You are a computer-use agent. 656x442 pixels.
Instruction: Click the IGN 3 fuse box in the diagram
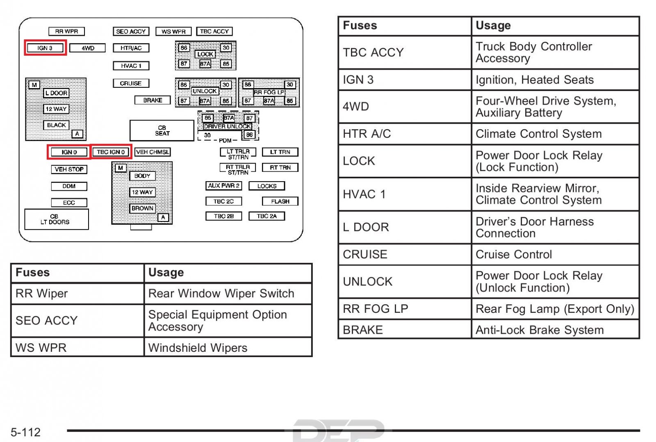pyautogui.click(x=45, y=48)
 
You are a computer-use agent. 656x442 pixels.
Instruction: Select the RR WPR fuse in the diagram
pyautogui.click(x=66, y=31)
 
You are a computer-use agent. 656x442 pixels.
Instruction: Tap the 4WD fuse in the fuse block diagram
pyautogui.click(x=88, y=48)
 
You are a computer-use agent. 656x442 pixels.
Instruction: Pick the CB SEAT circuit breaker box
pyautogui.click(x=162, y=130)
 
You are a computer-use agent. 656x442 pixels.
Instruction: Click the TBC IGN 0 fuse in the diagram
pyautogui.click(x=111, y=152)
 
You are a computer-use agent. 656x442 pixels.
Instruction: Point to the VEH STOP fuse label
pyautogui.click(x=69, y=169)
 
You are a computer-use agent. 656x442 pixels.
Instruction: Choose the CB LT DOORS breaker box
pyautogui.click(x=57, y=219)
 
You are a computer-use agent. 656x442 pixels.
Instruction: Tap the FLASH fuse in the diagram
pyautogui.click(x=280, y=201)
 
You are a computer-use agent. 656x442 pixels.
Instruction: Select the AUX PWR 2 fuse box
pyautogui.click(x=224, y=186)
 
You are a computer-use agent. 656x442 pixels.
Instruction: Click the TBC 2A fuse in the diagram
pyautogui.click(x=267, y=216)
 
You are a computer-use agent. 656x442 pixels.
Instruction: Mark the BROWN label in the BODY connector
pyautogui.click(x=142, y=208)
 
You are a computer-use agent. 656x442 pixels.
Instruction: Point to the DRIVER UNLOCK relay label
pyautogui.click(x=227, y=126)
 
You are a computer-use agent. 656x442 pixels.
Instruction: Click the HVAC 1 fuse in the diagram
pyautogui.click(x=131, y=66)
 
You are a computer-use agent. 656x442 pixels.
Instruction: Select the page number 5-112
pyautogui.click(x=25, y=432)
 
